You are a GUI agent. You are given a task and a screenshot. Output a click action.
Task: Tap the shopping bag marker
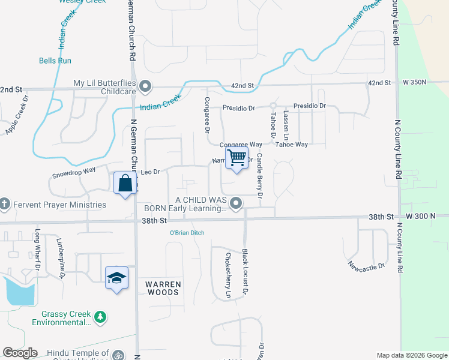click(x=125, y=183)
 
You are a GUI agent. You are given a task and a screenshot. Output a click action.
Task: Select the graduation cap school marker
click(x=116, y=278)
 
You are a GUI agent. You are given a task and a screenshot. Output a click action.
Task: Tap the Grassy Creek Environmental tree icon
click(x=101, y=316)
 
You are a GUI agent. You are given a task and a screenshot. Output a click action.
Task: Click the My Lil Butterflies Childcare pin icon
click(x=145, y=88)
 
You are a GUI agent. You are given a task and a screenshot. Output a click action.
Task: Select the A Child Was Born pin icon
click(x=236, y=203)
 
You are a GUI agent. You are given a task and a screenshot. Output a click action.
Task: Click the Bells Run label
click(x=55, y=61)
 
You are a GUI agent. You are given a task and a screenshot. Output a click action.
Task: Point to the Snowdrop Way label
click(x=74, y=170)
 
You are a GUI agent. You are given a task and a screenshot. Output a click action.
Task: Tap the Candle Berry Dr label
click(x=260, y=176)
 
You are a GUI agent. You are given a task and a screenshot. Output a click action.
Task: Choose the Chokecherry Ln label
click(x=228, y=275)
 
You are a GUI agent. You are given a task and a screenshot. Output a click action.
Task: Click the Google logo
click(x=20, y=353)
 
